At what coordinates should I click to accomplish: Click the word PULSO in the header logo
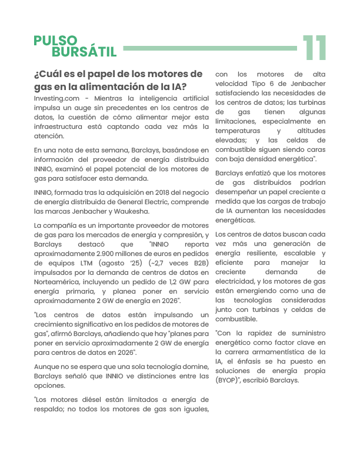click(55, 41)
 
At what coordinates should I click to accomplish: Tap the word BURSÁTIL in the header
click(84, 52)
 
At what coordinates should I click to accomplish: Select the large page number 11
click(315, 48)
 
